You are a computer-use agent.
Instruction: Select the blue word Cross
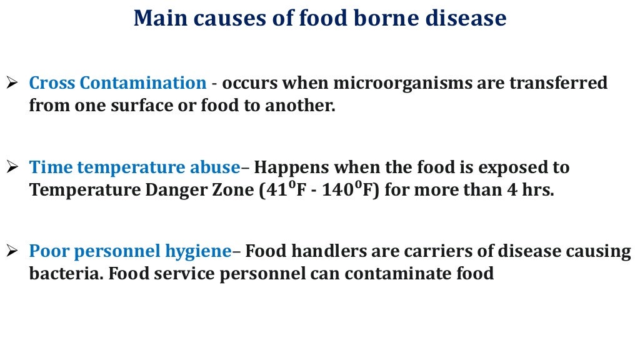pos(52,83)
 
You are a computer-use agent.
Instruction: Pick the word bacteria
pos(57,274)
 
